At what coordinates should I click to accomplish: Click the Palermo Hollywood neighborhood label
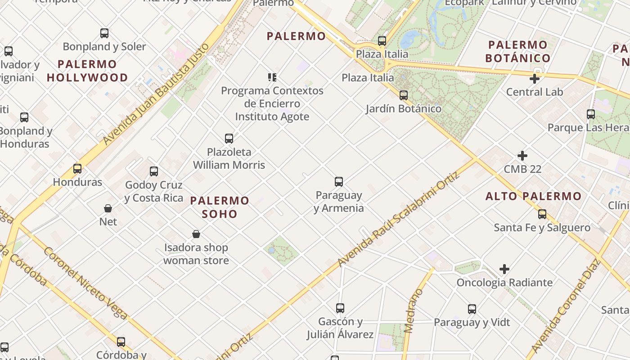(x=87, y=71)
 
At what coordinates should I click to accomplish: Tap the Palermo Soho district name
(x=220, y=207)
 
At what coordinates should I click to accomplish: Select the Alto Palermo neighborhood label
(x=534, y=196)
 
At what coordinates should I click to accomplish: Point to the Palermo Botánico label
(x=517, y=51)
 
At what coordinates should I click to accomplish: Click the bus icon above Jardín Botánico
(x=404, y=95)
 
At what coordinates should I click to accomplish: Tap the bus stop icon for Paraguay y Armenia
(x=339, y=182)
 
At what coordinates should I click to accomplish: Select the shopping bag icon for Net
(x=108, y=208)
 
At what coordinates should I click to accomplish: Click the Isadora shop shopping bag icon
(x=196, y=234)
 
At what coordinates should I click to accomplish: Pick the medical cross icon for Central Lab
(x=535, y=79)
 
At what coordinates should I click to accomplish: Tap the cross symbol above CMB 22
(x=522, y=156)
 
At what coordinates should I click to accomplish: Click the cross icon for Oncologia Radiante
(x=504, y=269)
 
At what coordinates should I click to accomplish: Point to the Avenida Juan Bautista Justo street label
(x=156, y=94)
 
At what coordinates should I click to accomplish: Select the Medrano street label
(x=414, y=310)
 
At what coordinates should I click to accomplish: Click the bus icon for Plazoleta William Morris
(x=229, y=139)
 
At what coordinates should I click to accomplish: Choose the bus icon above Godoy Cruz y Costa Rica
(x=154, y=171)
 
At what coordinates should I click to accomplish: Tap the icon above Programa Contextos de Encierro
(x=272, y=77)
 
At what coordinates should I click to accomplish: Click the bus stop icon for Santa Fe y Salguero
(x=542, y=214)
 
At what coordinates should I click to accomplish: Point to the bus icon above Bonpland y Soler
(x=104, y=33)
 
